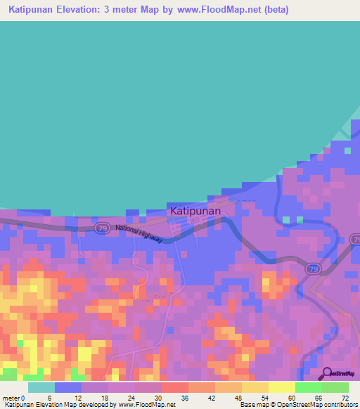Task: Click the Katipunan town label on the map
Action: click(x=195, y=210)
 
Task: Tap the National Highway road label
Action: click(x=139, y=234)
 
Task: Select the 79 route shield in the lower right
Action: click(x=311, y=268)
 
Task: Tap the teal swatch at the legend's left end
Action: click(x=41, y=387)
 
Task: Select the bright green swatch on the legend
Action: click(x=308, y=387)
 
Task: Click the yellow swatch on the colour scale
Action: click(x=281, y=387)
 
